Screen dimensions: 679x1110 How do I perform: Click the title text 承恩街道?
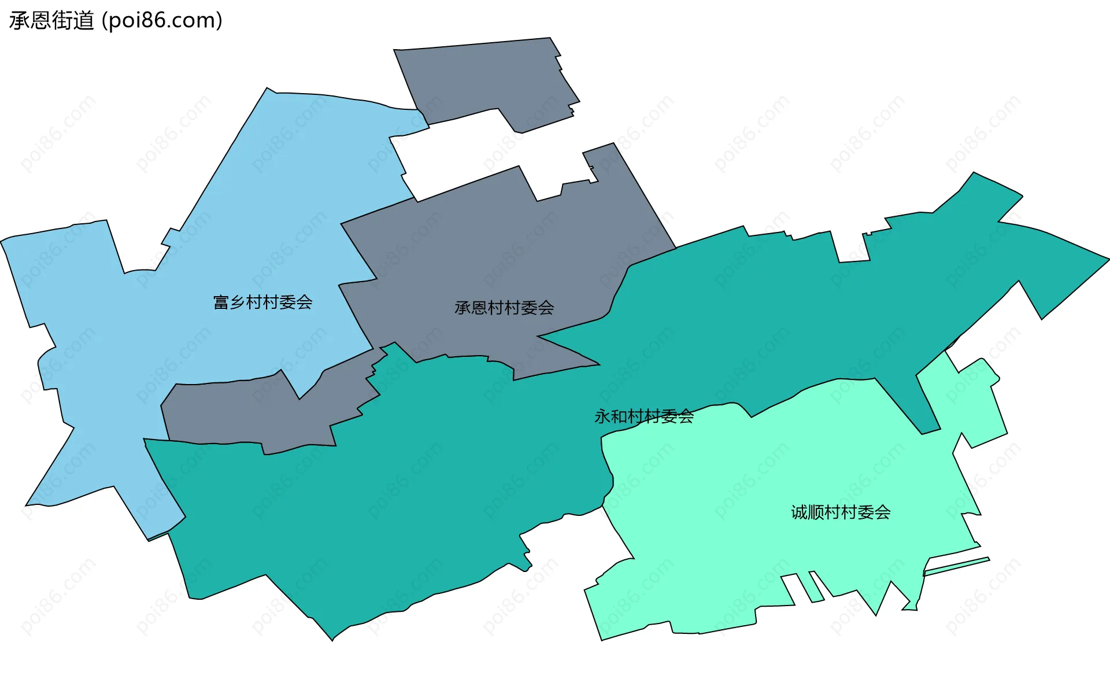(51, 21)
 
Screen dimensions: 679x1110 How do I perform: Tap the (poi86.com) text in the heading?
(162, 21)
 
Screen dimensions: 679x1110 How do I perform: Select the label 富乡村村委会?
(262, 302)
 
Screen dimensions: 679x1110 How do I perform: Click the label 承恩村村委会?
(504, 308)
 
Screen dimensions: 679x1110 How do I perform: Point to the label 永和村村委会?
(643, 416)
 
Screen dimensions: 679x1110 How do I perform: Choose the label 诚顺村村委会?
(840, 512)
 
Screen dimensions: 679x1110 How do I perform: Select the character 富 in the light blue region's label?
(221, 302)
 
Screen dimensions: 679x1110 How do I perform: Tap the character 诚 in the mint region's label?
(799, 512)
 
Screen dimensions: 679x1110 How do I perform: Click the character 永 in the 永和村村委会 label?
(602, 416)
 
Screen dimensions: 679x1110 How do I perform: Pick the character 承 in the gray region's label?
(463, 308)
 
